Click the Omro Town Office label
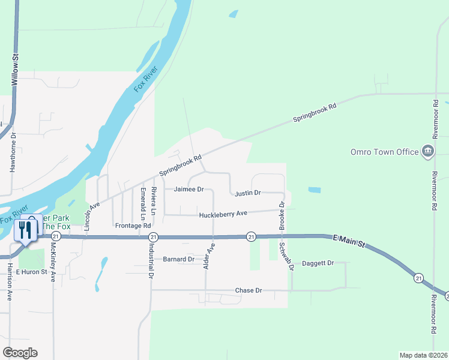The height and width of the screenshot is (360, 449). click(384, 152)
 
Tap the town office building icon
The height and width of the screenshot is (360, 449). click(428, 151)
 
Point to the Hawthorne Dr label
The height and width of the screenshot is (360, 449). click(13, 153)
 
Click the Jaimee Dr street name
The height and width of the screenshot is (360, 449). click(189, 189)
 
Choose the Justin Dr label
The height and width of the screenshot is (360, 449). click(247, 193)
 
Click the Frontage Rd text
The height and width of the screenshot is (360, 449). click(133, 226)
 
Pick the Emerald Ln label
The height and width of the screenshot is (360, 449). click(143, 203)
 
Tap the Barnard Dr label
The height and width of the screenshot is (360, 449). click(179, 259)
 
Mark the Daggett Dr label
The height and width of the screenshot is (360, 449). click(318, 263)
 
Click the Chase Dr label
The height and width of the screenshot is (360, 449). click(249, 290)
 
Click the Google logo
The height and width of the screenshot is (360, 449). click(20, 353)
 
